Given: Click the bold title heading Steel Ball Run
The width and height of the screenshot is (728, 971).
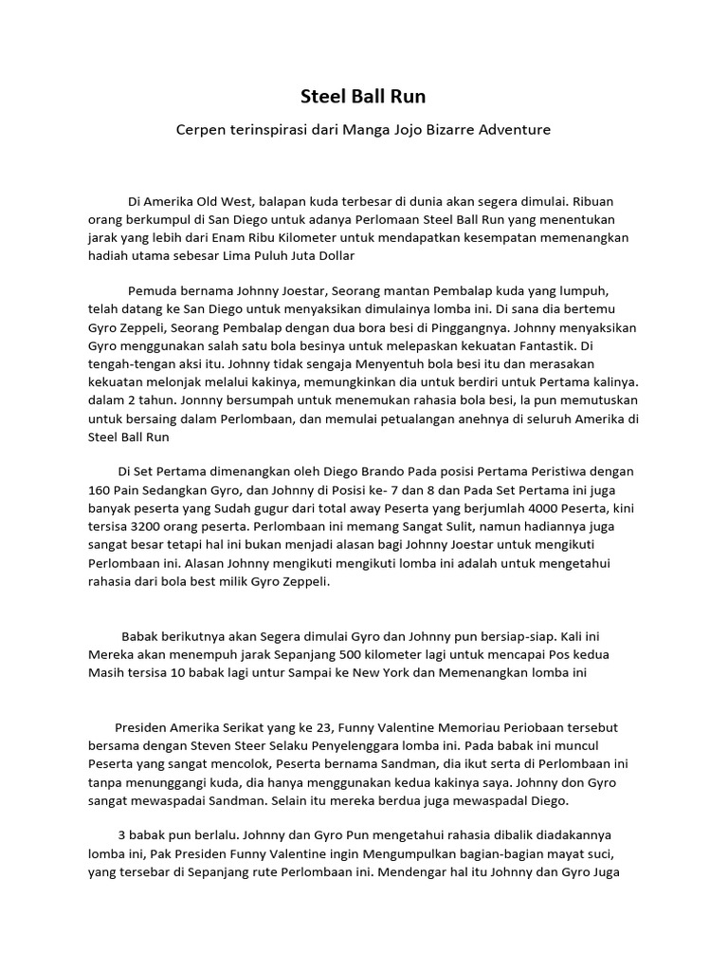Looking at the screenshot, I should (363, 96).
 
